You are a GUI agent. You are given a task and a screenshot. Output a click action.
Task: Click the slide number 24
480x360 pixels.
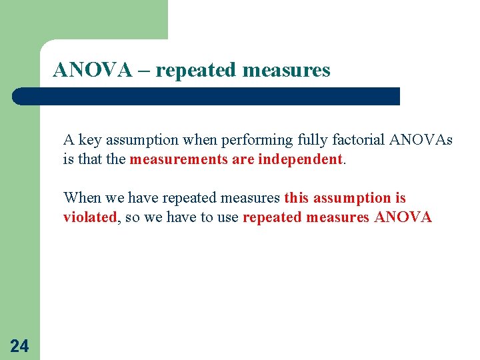(19, 345)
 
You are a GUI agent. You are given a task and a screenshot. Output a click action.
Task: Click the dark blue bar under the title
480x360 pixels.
(207, 96)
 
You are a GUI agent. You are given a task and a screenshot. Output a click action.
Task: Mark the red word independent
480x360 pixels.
(300, 160)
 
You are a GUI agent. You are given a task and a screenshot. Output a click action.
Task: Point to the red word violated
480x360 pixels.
(89, 217)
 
